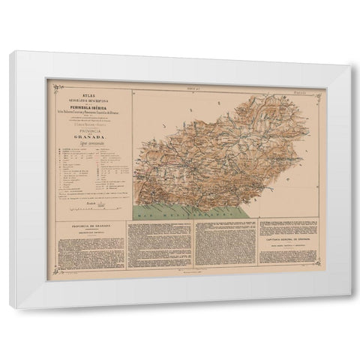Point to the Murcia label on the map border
pos(298,90)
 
